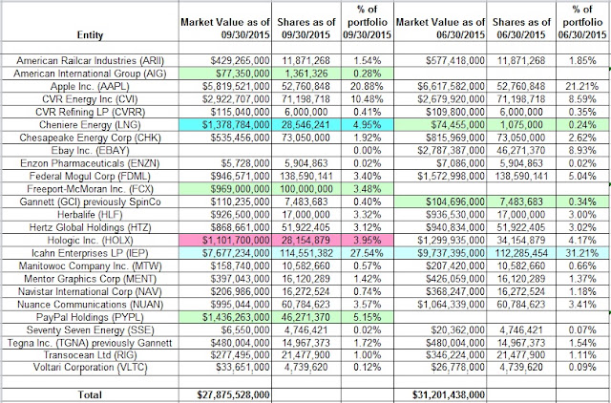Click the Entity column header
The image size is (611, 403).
90,35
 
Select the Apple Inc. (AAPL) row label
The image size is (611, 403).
90,86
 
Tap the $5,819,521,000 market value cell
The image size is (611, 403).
236,86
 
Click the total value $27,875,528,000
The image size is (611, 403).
233,394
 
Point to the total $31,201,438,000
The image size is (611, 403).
449,394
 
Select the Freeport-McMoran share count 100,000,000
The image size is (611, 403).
306,189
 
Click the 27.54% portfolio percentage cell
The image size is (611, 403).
367,253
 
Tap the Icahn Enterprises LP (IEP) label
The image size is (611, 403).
90,253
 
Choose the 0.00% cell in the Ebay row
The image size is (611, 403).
367,151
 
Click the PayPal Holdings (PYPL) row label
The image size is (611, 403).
90,318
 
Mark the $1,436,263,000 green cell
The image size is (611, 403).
236,318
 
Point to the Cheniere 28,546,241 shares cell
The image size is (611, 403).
306,125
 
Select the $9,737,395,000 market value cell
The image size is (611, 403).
452,253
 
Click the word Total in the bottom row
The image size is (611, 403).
90,394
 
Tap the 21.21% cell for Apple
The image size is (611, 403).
582,86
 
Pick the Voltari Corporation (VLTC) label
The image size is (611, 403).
90,368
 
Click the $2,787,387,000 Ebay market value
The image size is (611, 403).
452,151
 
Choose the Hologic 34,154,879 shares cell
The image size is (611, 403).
521,241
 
